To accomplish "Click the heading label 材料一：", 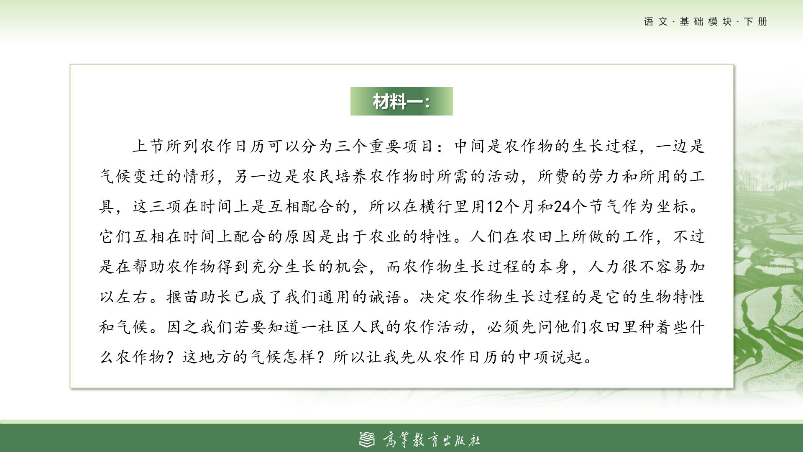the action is pos(401,101).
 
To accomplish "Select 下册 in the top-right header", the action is pos(756,22).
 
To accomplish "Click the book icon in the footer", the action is pos(368,439).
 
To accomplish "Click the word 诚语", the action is pos(385,297).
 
